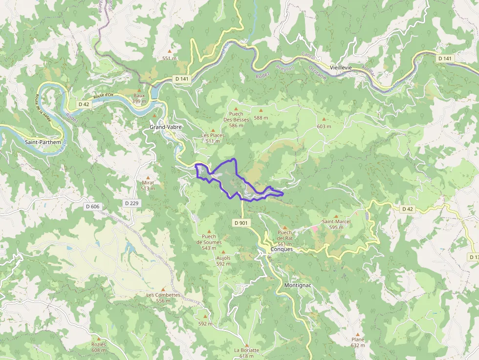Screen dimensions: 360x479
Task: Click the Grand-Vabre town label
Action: coord(166,127)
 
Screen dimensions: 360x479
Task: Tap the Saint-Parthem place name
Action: coord(43,143)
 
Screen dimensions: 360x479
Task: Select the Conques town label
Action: coord(282,249)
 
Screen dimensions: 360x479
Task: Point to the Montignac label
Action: coord(298,285)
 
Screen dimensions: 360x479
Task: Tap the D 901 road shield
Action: coord(241,223)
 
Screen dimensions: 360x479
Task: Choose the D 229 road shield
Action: coord(131,203)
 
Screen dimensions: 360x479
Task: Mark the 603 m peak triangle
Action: coord(324,119)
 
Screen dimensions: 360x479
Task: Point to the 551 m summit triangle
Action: coord(170,51)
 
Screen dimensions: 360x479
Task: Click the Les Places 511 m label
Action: coord(213,138)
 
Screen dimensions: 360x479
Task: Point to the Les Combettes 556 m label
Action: coord(163,297)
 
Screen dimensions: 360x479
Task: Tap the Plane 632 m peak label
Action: coord(358,342)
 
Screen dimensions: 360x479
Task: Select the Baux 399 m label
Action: coord(139,98)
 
